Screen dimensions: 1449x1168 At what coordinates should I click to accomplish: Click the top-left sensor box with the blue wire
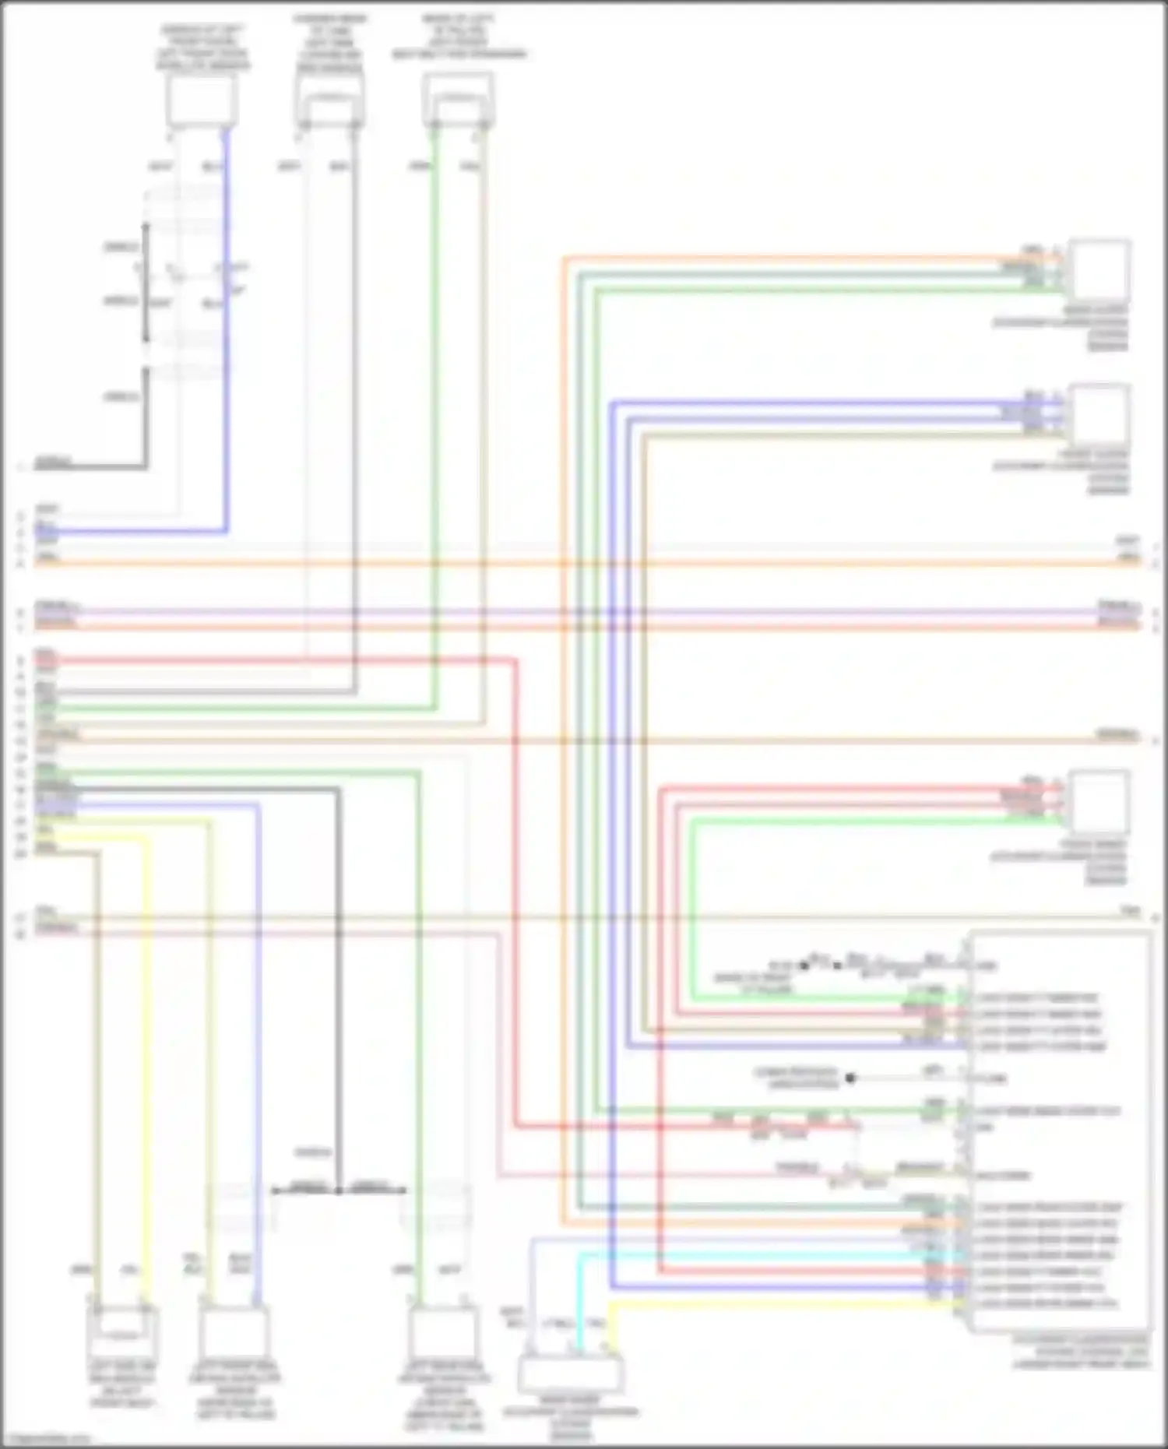point(201,101)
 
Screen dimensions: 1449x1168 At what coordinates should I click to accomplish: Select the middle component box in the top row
point(329,101)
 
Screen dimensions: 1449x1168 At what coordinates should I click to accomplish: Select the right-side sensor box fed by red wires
point(1099,802)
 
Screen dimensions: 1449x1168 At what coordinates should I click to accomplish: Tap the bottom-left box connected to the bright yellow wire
point(123,1331)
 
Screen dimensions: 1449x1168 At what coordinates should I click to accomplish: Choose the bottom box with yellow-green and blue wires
point(234,1331)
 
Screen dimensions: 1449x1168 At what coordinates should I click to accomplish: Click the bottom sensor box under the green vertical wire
point(442,1331)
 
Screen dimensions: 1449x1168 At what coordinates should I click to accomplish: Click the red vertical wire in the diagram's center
point(515,895)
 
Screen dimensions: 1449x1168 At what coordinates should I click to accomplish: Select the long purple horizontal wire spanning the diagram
point(584,613)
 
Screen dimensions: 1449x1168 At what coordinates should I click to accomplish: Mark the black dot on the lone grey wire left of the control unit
point(850,1078)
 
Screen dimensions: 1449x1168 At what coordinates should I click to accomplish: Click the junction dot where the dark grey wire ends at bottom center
point(338,1191)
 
